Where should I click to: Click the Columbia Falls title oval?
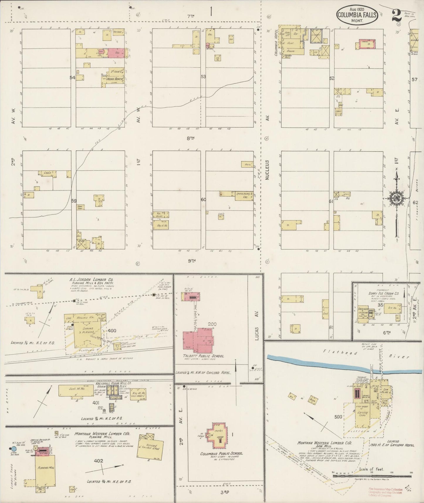[x=357, y=14]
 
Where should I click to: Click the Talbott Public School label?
[x=204, y=356]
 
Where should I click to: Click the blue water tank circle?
[x=13, y=449]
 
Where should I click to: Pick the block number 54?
[x=72, y=77]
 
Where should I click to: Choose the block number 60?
[x=203, y=200]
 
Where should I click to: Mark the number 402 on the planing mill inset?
[x=98, y=461]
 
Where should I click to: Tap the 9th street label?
[x=191, y=261]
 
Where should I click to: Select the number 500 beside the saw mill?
[x=338, y=417]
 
